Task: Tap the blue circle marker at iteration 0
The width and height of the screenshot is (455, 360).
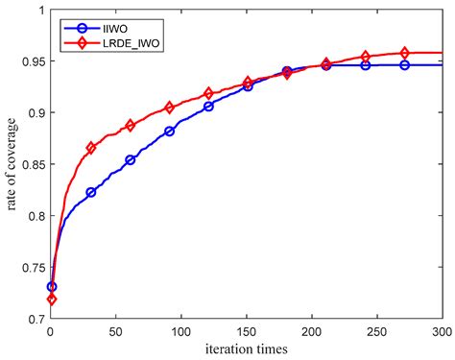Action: pos(52,286)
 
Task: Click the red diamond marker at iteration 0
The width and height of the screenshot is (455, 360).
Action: pos(52,300)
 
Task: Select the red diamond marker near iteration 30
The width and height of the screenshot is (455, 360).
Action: pos(91,148)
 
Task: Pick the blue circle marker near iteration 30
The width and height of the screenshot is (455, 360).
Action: pos(91,192)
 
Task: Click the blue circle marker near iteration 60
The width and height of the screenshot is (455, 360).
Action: pos(131,159)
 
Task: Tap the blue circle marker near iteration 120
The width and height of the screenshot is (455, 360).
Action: pos(208,106)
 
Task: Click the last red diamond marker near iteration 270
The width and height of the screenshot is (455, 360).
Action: pos(404,53)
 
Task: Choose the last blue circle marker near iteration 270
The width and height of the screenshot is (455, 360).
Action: pos(404,65)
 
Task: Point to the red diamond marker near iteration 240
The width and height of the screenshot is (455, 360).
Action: pos(365,57)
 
